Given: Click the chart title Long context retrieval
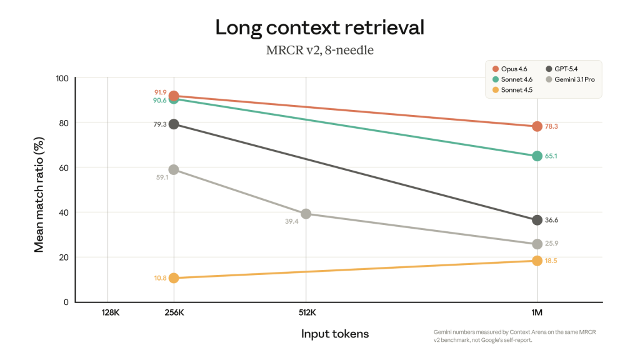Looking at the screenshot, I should [x=319, y=27].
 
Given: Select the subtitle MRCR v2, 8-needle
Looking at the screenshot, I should [x=319, y=50].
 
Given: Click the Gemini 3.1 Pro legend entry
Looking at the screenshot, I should [x=574, y=79].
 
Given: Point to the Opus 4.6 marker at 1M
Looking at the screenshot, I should [x=537, y=126].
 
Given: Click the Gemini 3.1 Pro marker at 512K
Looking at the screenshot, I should [x=306, y=214].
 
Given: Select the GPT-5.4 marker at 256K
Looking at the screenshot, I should [x=174, y=124].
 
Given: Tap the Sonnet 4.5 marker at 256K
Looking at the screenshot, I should [x=174, y=277].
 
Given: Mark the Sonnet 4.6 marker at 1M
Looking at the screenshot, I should [x=537, y=156].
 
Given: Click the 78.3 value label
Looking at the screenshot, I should [x=551, y=126].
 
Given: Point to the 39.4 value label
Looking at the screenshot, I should [x=291, y=221].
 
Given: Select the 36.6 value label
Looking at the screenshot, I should [x=551, y=220].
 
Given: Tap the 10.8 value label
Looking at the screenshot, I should [x=160, y=277].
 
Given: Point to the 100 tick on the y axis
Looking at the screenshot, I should [x=61, y=78].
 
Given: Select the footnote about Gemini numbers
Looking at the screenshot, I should [x=514, y=336].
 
